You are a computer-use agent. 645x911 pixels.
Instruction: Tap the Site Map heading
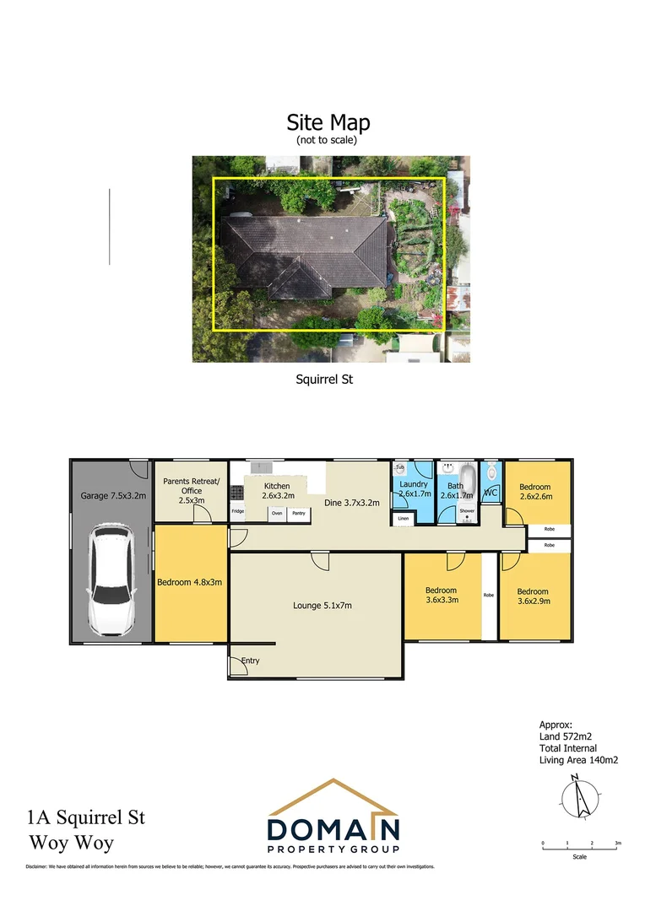(328, 123)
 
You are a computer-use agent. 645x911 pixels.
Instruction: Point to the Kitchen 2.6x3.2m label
(277, 491)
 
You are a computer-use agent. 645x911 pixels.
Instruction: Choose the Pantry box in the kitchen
(299, 512)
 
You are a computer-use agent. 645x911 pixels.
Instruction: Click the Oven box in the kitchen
(277, 512)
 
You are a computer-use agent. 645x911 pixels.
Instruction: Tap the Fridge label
(238, 511)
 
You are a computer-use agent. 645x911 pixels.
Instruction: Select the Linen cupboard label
(404, 518)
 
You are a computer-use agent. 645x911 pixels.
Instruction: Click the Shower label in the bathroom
(467, 511)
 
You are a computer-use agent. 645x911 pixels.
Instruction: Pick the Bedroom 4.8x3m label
(190, 582)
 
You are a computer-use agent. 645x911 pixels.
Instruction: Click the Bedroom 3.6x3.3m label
(441, 596)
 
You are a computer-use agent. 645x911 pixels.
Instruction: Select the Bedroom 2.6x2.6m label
(534, 492)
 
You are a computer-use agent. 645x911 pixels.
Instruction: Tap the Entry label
(251, 660)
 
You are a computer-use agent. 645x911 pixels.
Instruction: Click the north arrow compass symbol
(579, 795)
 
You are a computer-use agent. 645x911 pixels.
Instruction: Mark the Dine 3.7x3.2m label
(352, 503)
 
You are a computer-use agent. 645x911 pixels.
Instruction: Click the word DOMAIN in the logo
(333, 825)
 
